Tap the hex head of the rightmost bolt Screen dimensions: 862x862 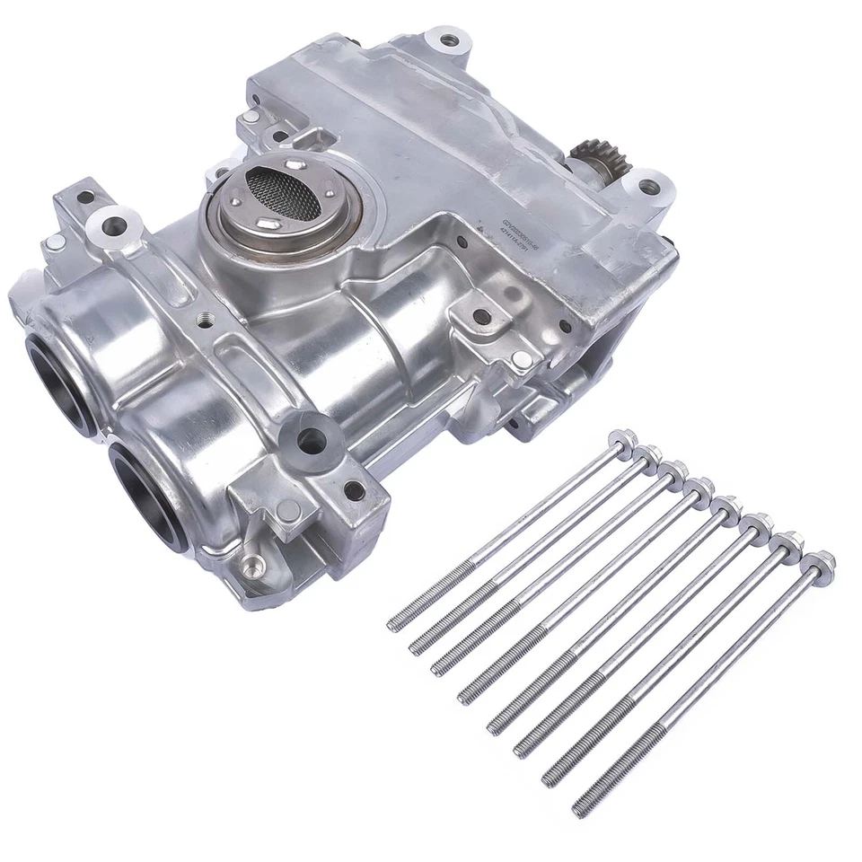(x=821, y=562)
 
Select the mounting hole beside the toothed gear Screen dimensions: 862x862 (x=648, y=187)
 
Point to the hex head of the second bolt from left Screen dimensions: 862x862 (x=648, y=455)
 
